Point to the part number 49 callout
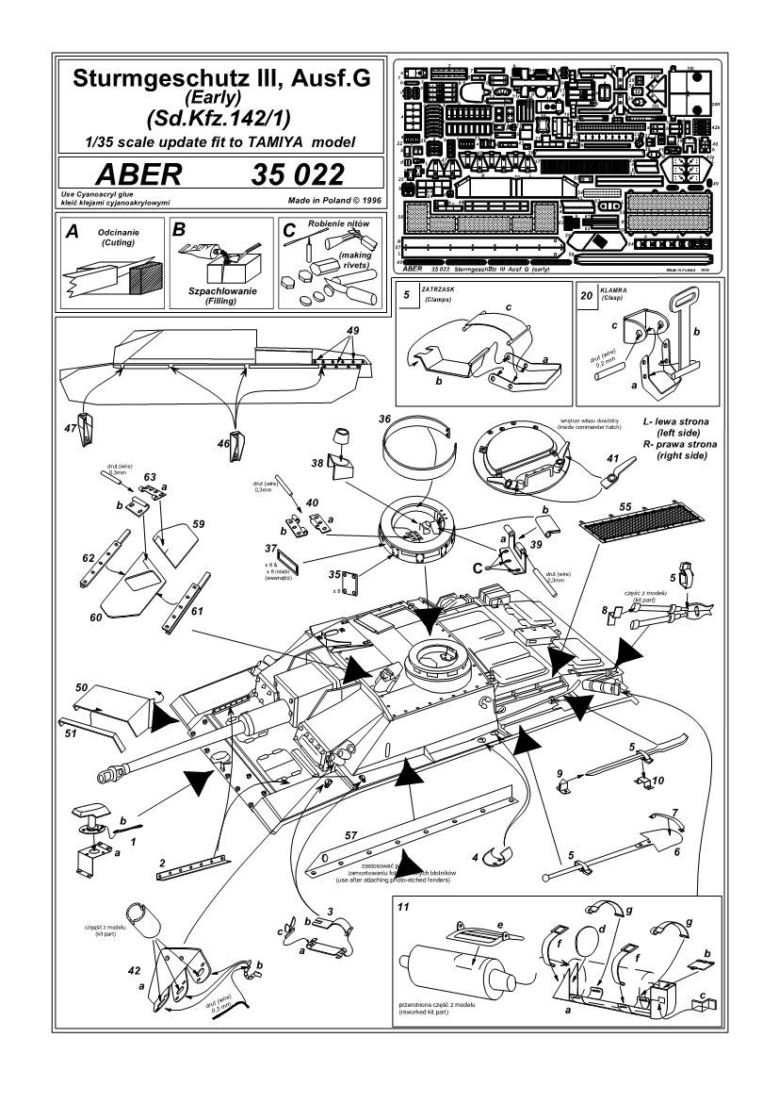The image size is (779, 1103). pyautogui.click(x=353, y=332)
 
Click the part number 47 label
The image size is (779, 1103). pyautogui.click(x=70, y=428)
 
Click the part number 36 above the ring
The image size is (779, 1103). pyautogui.click(x=385, y=419)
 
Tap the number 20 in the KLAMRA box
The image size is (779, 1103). pyautogui.click(x=587, y=294)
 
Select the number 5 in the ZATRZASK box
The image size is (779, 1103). pyautogui.click(x=405, y=294)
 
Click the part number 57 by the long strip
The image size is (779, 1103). pyautogui.click(x=349, y=835)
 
